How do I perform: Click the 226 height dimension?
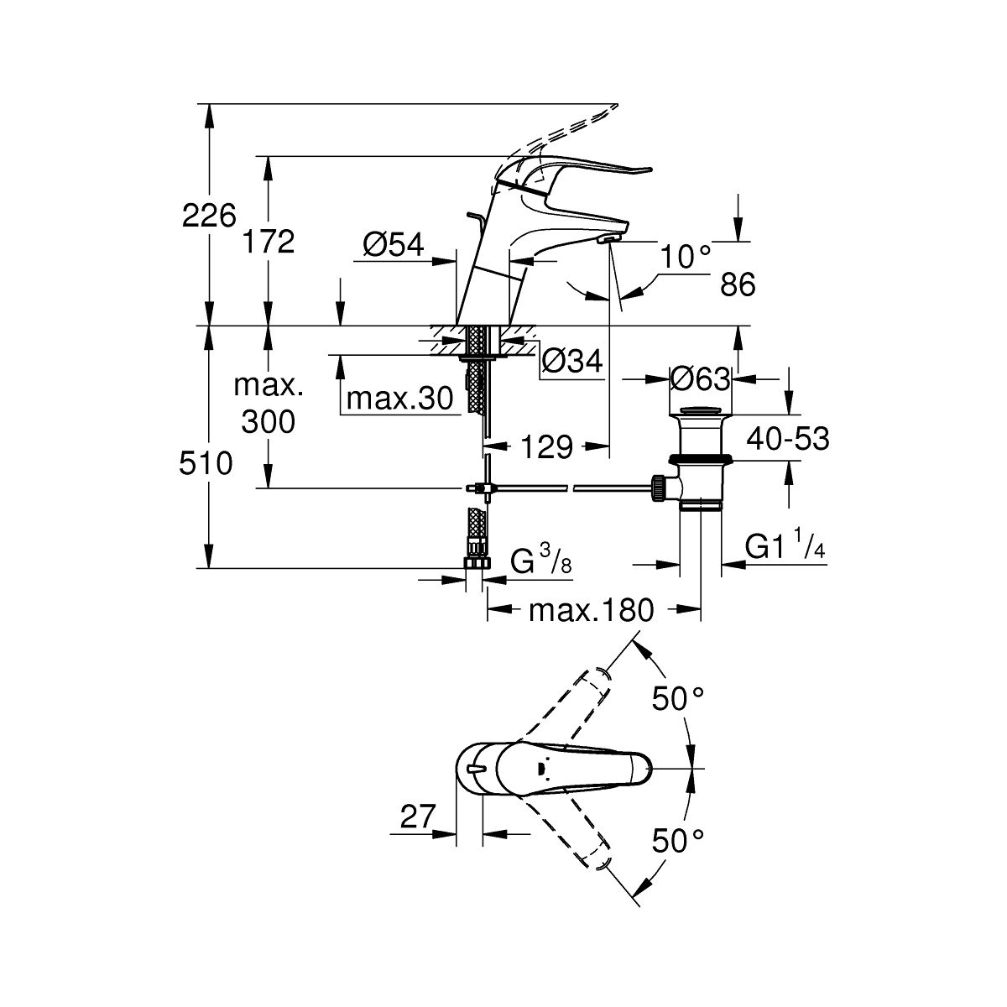click(x=209, y=217)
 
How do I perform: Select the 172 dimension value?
click(x=269, y=242)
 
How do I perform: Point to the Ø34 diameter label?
click(x=572, y=361)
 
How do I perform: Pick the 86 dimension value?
click(x=738, y=285)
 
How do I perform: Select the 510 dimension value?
click(x=206, y=462)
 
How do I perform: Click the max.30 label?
click(x=400, y=397)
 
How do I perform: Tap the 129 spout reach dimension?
click(x=545, y=447)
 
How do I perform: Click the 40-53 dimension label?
click(x=787, y=438)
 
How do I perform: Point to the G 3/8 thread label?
click(x=541, y=560)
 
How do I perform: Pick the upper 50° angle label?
click(x=678, y=697)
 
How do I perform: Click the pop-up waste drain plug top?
click(x=701, y=411)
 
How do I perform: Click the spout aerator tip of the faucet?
click(x=608, y=239)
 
